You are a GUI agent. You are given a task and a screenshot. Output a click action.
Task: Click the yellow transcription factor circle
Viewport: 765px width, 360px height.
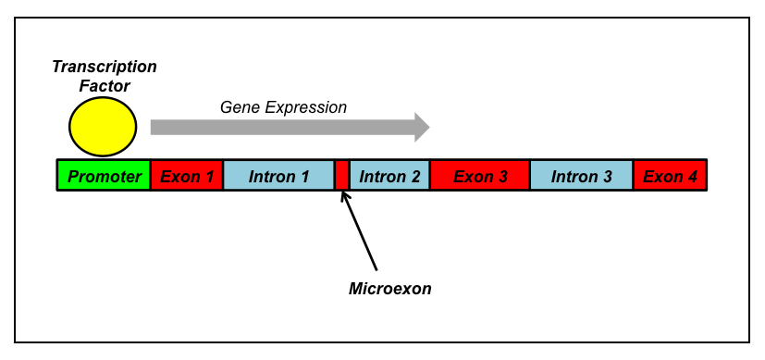point(103,127)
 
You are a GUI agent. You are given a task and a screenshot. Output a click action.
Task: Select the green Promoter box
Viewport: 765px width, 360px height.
point(104,175)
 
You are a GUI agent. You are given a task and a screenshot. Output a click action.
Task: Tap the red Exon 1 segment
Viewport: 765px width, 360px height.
point(187,175)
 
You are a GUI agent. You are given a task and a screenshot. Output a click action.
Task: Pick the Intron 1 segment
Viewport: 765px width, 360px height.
point(278,175)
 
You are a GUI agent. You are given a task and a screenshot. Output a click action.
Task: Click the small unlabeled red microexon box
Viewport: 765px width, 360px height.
point(342,175)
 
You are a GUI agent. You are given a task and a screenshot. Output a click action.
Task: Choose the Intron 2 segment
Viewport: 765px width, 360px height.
point(389,175)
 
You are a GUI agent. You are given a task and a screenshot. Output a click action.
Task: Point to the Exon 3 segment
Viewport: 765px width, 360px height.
point(480,175)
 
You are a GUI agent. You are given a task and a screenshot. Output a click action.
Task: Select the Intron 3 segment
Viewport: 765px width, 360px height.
point(582,175)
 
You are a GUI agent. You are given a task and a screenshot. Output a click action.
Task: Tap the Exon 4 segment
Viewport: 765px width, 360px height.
point(670,175)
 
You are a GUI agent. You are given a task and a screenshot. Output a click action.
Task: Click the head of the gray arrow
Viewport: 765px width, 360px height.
point(422,128)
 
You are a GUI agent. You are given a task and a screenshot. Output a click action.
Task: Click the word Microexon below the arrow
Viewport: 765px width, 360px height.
point(390,289)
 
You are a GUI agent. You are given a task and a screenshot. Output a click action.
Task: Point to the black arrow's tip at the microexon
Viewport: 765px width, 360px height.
point(341,192)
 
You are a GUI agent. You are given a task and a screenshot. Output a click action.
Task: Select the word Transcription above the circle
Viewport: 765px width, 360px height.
point(105,68)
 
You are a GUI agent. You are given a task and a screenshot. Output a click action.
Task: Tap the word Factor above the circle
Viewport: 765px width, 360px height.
point(105,86)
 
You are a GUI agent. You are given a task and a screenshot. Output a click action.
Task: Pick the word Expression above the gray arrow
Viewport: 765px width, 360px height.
point(306,108)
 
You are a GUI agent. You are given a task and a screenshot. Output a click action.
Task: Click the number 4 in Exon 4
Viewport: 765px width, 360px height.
point(692,177)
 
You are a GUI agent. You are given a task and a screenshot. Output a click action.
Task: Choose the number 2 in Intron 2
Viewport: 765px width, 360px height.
point(414,177)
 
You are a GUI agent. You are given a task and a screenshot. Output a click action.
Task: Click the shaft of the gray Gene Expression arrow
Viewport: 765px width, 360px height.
point(282,128)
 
